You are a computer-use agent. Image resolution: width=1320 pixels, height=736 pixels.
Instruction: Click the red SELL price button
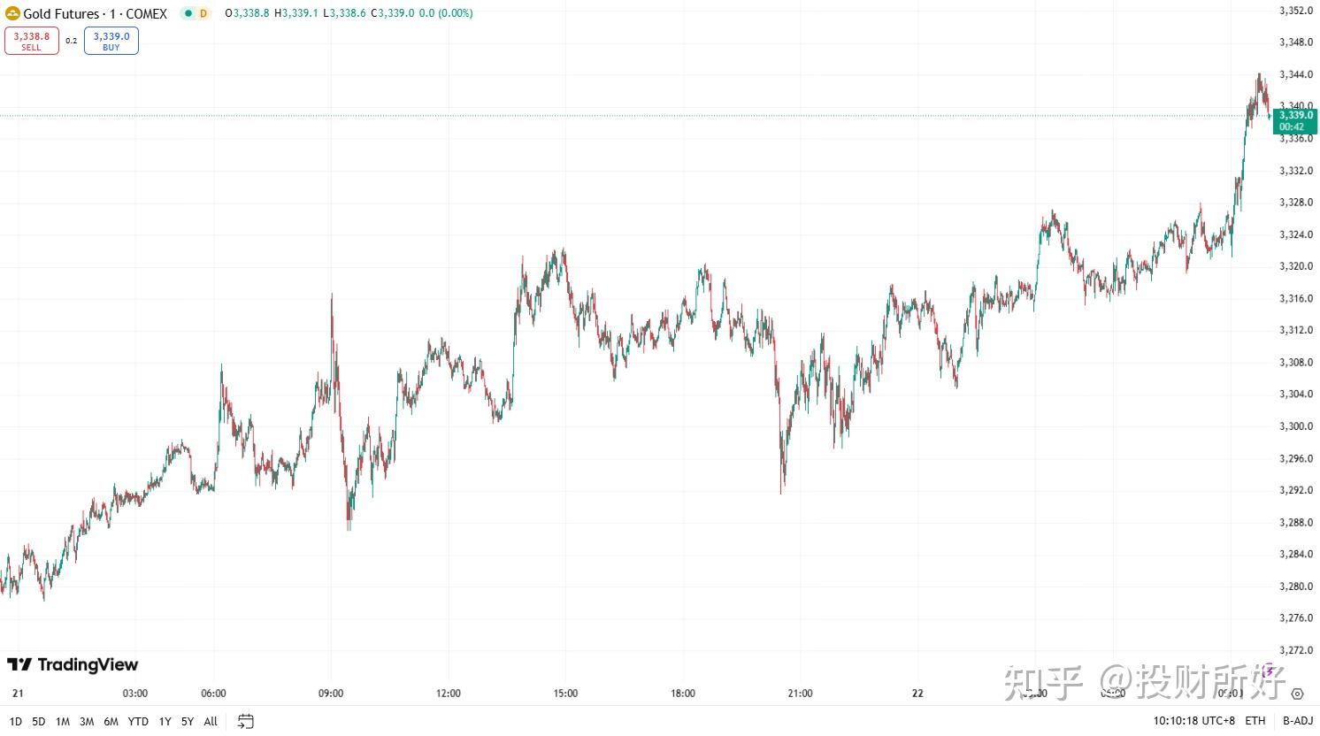pyautogui.click(x=32, y=41)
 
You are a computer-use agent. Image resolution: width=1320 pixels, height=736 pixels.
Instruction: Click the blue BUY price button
pyautogui.click(x=111, y=41)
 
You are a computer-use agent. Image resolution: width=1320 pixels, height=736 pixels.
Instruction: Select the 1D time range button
pyautogui.click(x=16, y=721)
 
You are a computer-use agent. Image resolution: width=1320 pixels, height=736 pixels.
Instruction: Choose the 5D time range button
pyautogui.click(x=39, y=721)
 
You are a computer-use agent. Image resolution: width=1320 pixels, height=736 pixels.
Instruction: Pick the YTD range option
pyautogui.click(x=138, y=721)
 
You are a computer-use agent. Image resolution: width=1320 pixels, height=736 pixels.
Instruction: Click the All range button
pyautogui.click(x=211, y=721)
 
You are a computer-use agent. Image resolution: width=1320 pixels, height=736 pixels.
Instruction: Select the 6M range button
pyautogui.click(x=111, y=721)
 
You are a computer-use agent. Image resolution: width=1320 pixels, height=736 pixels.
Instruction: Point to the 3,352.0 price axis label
pyautogui.click(x=1296, y=11)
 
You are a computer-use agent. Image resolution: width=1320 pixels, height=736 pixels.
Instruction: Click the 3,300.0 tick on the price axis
pyautogui.click(x=1296, y=426)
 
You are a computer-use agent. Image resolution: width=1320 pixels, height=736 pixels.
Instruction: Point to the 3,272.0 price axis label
pyautogui.click(x=1296, y=650)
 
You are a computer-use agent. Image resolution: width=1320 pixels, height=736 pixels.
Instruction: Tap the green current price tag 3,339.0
pyautogui.click(x=1295, y=120)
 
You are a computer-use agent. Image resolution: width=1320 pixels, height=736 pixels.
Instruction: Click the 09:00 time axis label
pyautogui.click(x=331, y=694)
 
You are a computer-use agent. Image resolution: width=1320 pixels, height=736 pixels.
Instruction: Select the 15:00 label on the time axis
pyautogui.click(x=565, y=694)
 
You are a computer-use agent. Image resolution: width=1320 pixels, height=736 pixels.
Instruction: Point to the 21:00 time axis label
pyautogui.click(x=800, y=694)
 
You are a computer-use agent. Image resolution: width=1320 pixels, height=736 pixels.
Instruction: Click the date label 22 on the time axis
pyautogui.click(x=917, y=694)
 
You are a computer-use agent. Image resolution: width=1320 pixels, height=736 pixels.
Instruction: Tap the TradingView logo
pyautogui.click(x=73, y=664)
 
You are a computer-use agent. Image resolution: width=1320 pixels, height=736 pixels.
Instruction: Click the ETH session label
pyautogui.click(x=1255, y=721)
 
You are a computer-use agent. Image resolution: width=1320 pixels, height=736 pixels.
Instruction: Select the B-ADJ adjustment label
pyautogui.click(x=1298, y=721)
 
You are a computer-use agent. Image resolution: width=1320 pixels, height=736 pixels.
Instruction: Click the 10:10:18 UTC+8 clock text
pyautogui.click(x=1193, y=721)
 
